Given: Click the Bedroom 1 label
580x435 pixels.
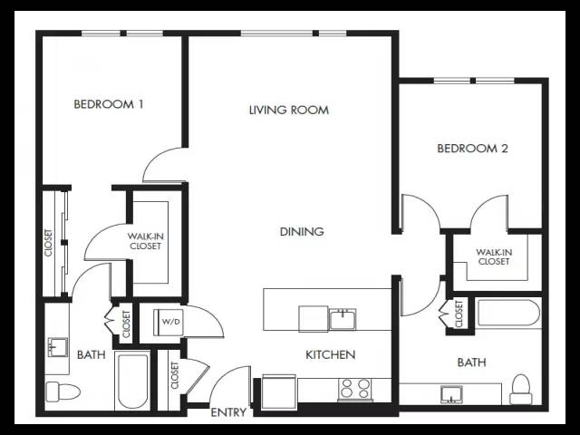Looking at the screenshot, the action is pos(109,104).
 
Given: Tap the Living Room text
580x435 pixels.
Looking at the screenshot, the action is pos(289,110).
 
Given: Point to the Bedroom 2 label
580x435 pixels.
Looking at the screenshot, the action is pos(472,149).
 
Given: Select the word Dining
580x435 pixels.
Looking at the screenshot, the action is pos(302,232).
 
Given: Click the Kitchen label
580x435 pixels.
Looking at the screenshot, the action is pos(330,354).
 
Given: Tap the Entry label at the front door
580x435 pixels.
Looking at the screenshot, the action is pos(228,412).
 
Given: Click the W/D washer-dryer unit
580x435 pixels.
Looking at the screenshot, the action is pos(169,322).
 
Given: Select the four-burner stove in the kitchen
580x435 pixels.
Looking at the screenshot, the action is pos(354,389).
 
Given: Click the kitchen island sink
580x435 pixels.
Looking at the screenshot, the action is pos(343,319).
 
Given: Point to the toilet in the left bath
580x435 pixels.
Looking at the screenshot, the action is pos(63,391).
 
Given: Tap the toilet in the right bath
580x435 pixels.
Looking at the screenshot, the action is pos(521,389).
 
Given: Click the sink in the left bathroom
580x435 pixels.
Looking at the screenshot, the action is pos(57,347).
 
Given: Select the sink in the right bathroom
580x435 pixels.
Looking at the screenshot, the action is pos(451,394).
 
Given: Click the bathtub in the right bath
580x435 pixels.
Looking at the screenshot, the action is pos(508,313).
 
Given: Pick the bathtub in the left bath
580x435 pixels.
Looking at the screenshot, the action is pos(132,381).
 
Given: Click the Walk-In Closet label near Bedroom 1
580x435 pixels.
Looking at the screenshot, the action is pos(145,241).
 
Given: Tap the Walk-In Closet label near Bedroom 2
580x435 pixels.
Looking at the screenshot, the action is pos(494,256).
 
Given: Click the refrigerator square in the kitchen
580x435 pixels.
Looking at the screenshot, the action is pos(279,391).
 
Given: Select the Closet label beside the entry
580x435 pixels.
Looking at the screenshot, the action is pos(175,375).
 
